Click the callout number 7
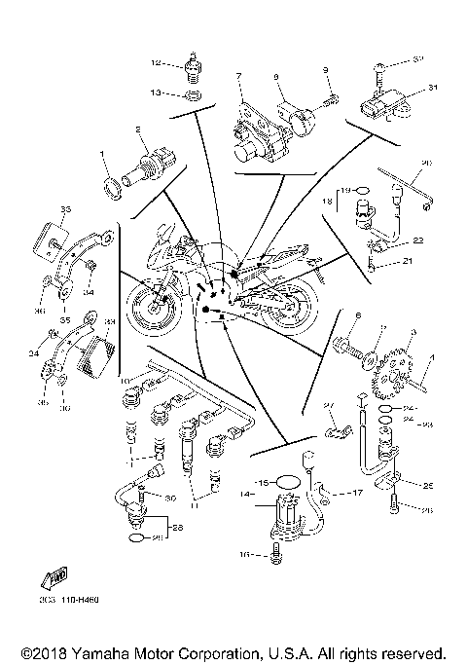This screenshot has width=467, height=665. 236,74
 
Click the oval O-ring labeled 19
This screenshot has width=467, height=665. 360,191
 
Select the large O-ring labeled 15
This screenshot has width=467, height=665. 287,481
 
